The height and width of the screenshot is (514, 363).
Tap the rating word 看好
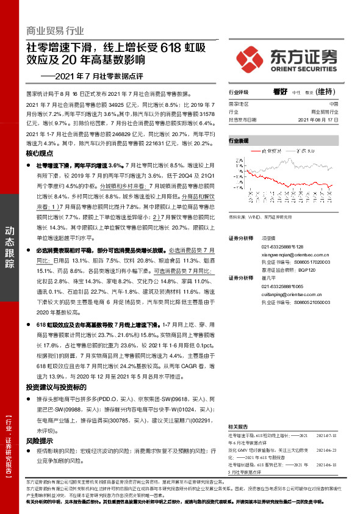[280, 92]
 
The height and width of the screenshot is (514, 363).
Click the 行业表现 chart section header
[239, 140]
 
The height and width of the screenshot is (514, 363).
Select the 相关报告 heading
[237, 425]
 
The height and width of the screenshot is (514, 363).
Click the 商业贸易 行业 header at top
[55, 31]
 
